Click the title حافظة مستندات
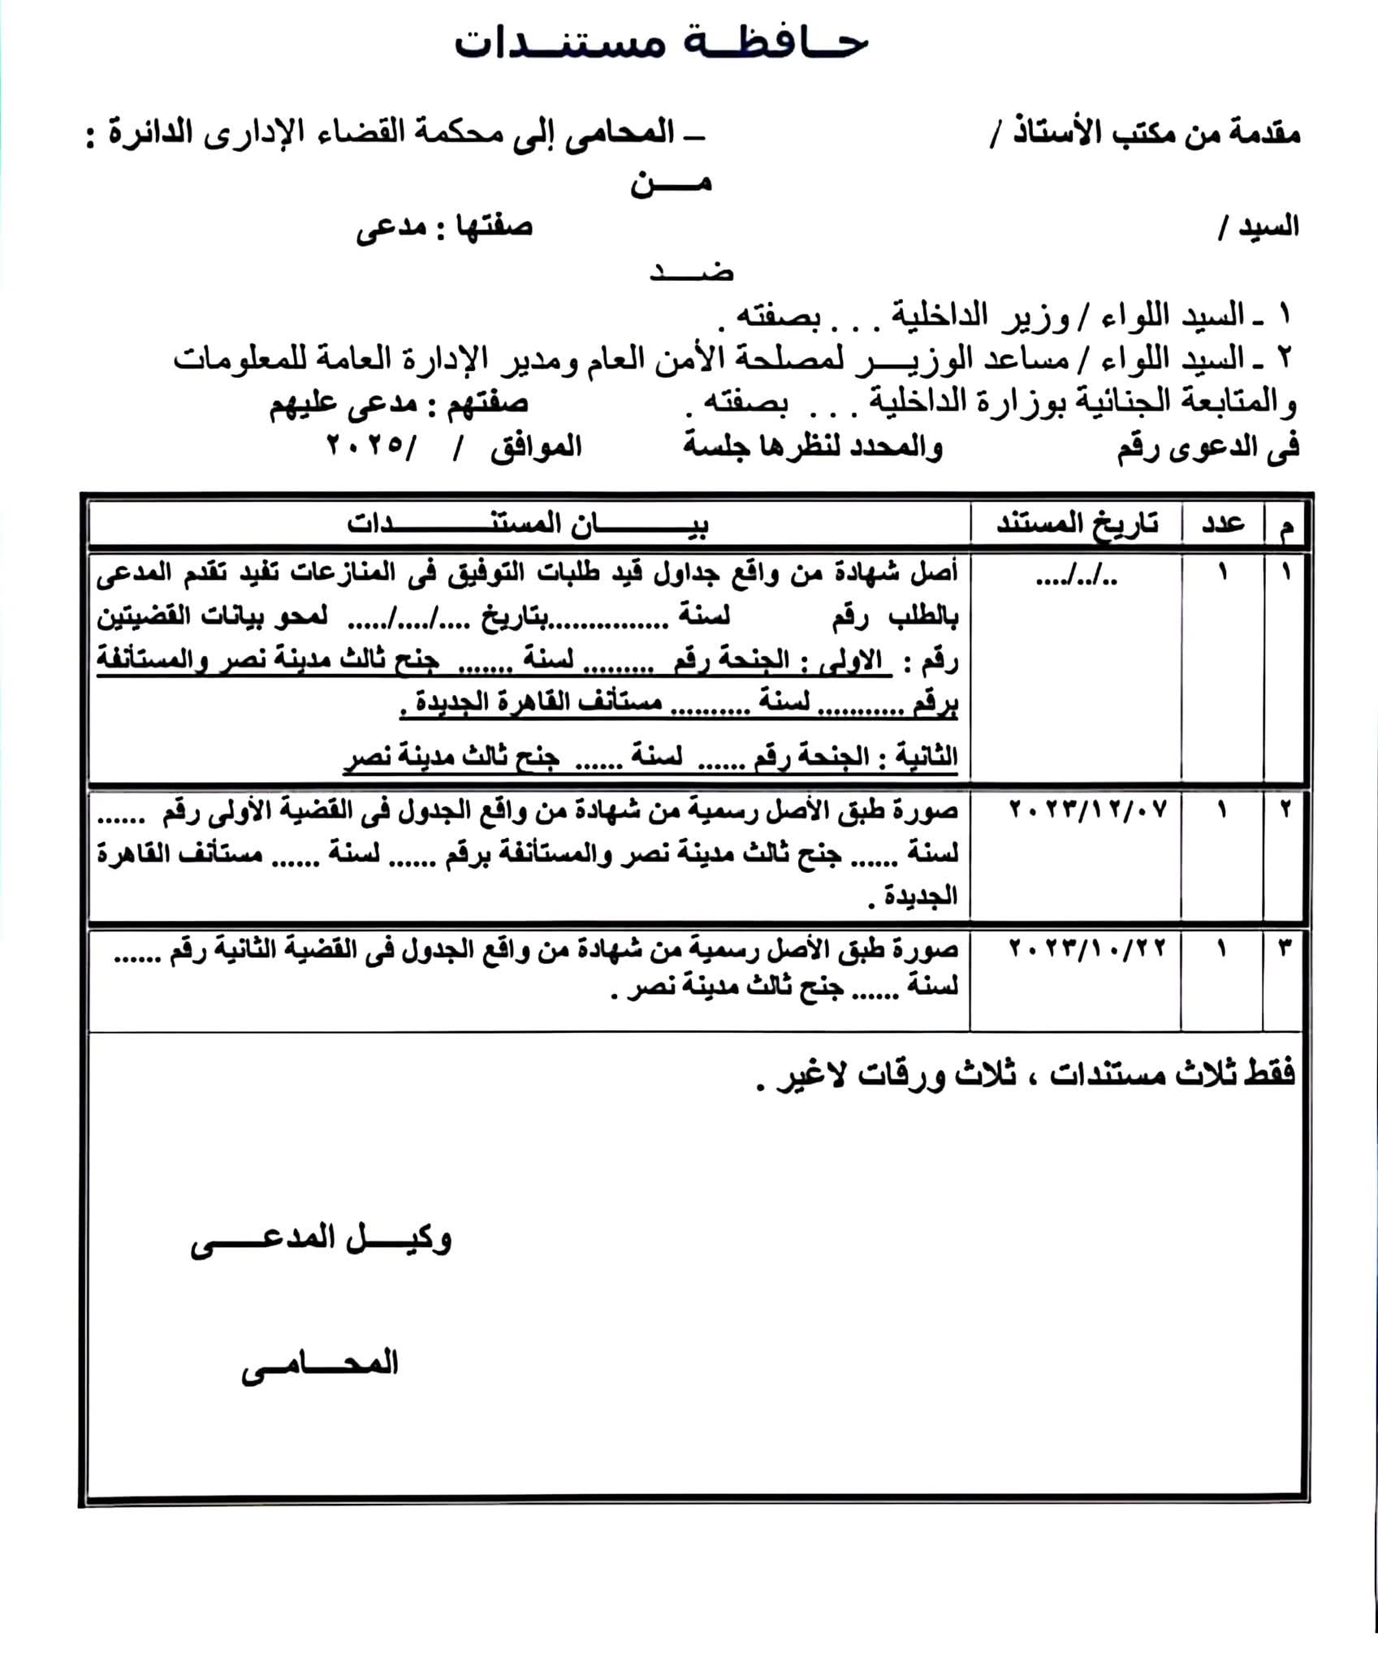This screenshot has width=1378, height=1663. pos(662,42)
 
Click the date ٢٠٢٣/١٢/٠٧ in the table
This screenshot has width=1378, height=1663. pos(1087,810)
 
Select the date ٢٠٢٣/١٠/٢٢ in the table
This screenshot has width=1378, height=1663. pos(1087,948)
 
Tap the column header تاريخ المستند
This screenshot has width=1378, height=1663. pos(1077,525)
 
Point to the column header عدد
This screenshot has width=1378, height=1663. pos(1223,525)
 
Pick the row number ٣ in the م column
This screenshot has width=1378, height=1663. pos(1285,948)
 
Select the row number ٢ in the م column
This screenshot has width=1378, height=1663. pos(1285,810)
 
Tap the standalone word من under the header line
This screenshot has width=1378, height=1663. pos(671,184)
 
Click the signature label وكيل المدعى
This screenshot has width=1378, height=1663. pos(321,1240)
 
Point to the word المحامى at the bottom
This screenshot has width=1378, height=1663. pos(320,1363)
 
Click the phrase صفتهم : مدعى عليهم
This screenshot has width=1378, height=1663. pos(399,404)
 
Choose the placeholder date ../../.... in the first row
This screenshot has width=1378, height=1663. pos(1077,578)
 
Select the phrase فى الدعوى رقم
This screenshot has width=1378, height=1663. pos(1207,447)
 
